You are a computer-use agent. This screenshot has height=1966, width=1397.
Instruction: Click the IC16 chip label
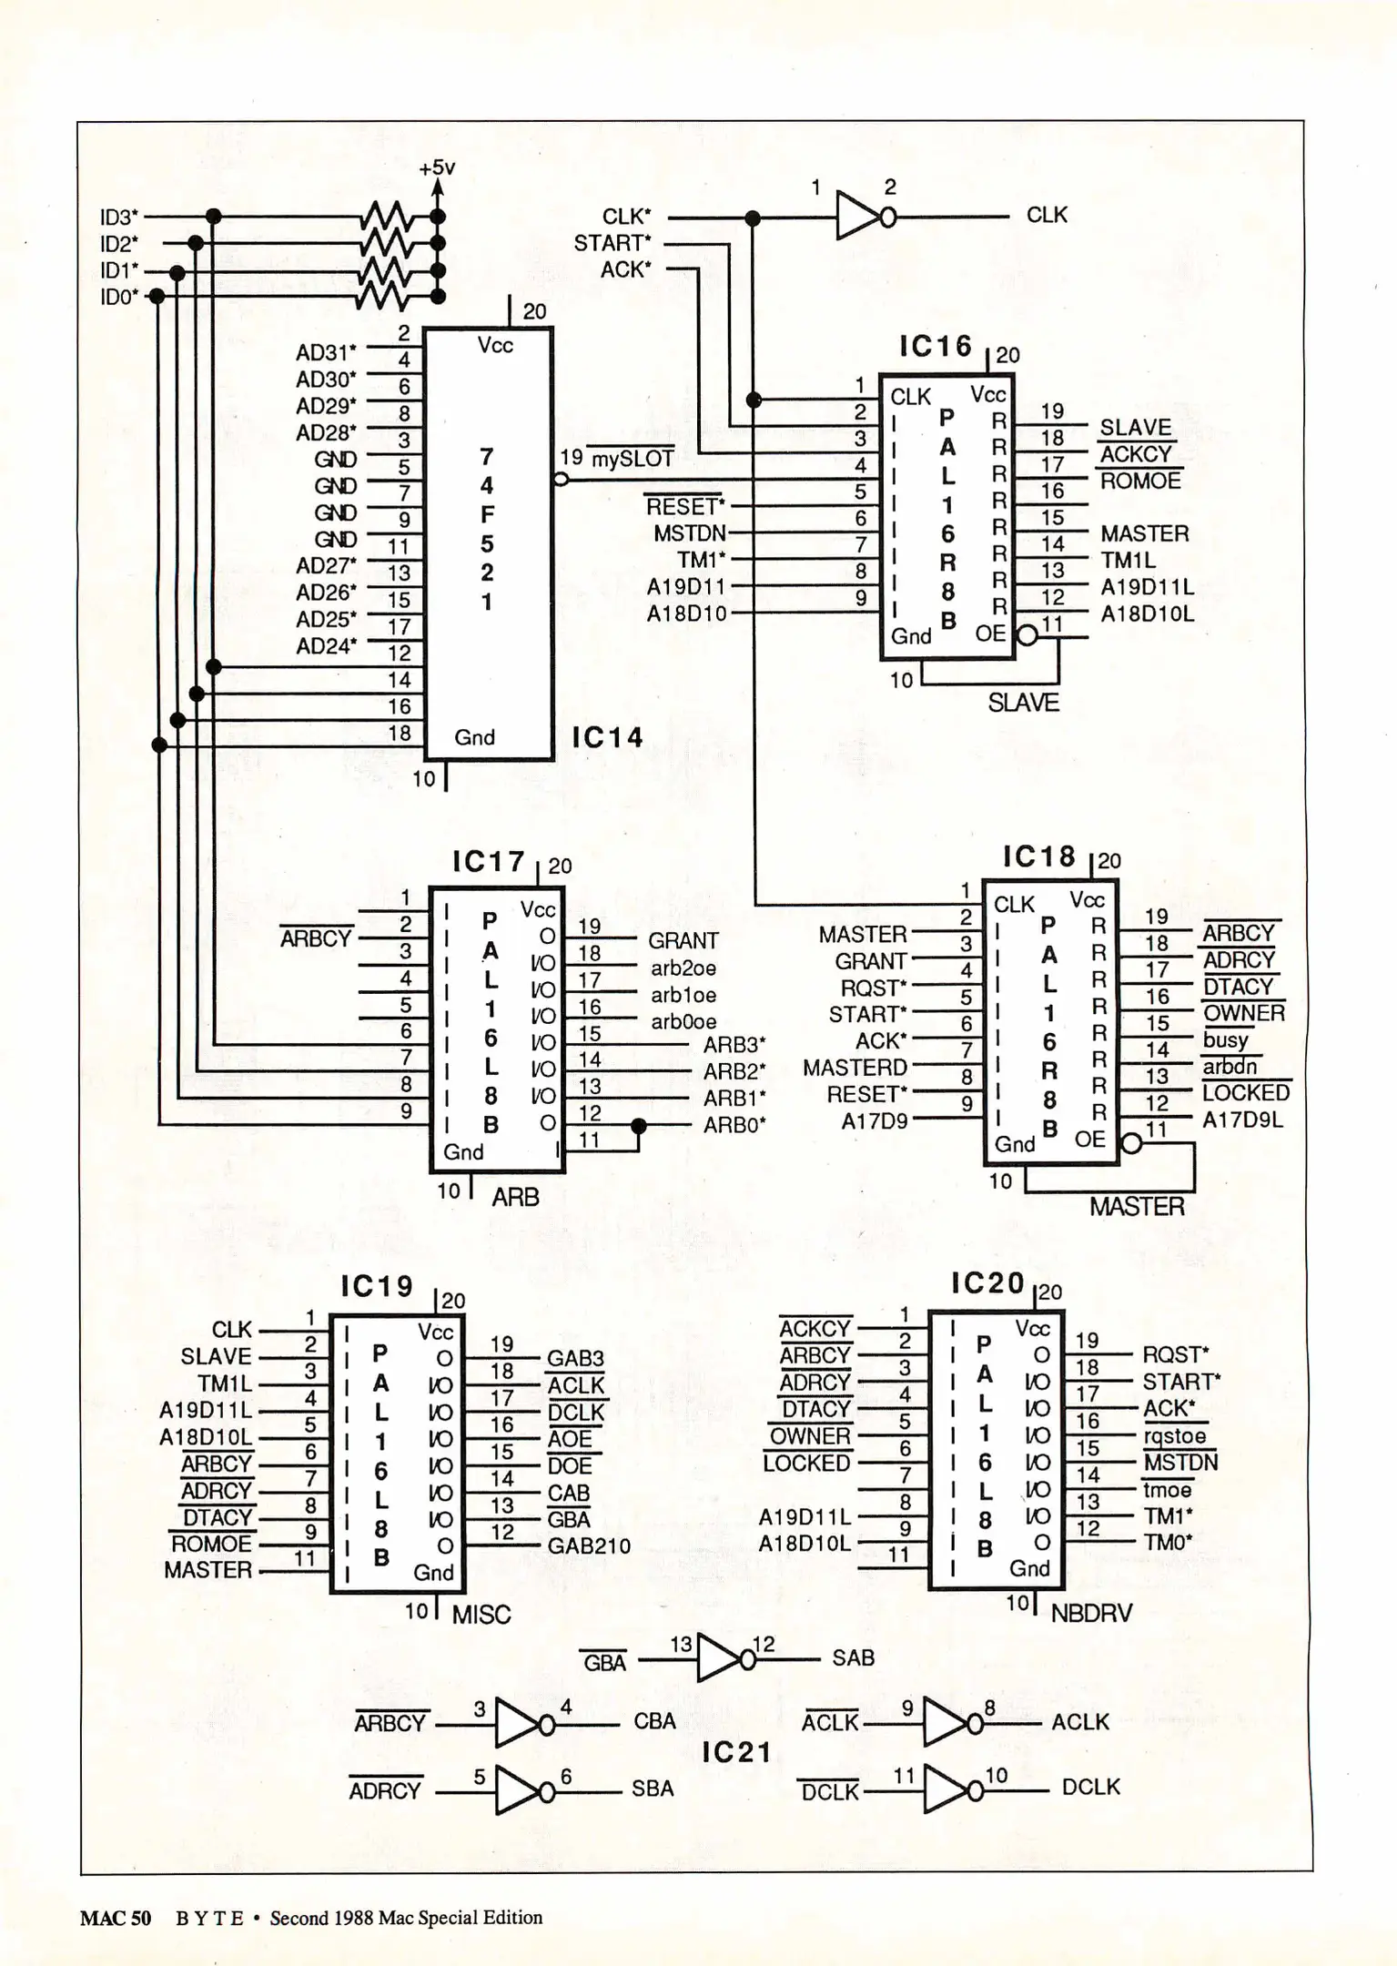[x=935, y=347]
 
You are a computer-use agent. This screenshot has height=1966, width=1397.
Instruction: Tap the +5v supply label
[x=437, y=167]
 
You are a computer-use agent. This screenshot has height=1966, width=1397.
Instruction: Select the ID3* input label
[x=119, y=218]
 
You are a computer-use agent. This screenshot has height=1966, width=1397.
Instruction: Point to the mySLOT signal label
[x=633, y=460]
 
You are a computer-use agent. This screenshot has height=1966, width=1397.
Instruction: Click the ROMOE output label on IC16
[x=1140, y=481]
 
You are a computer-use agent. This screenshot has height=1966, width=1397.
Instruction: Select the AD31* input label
[x=326, y=352]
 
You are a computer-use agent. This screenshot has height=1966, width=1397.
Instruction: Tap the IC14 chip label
[x=607, y=737]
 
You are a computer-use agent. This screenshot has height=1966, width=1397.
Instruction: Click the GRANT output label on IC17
[x=683, y=940]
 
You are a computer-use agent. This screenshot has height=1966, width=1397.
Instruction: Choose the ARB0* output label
[x=734, y=1126]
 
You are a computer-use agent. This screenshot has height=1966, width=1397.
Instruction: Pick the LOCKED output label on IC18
[x=1245, y=1092]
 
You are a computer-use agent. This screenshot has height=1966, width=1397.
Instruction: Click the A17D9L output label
[x=1242, y=1120]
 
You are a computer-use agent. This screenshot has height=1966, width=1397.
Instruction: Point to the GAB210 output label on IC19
[x=588, y=1545]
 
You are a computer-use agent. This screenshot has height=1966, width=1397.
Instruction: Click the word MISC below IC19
[x=481, y=1615]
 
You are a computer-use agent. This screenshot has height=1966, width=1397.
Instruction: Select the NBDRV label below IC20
[x=1091, y=1614]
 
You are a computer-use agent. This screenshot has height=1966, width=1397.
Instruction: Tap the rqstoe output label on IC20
[x=1174, y=1436]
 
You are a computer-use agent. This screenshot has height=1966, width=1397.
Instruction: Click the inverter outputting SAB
[x=719, y=1660]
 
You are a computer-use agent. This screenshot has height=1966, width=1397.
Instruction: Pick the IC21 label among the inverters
[x=736, y=1753]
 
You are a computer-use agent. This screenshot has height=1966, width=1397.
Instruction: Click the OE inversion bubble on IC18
[x=1131, y=1143]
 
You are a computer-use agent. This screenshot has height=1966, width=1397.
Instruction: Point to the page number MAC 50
[x=116, y=1918]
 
